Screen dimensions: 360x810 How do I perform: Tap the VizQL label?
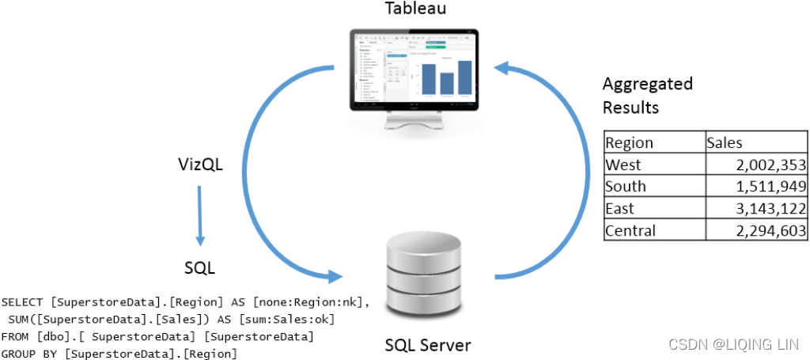coord(200,165)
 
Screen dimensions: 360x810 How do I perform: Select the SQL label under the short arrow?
coord(199,268)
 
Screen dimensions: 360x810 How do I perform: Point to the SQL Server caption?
coord(427,345)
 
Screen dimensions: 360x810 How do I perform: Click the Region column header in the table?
coord(629,142)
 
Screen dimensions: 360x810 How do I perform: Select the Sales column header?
coord(725,142)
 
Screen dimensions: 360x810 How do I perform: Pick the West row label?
coord(623,165)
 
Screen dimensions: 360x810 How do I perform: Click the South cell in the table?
coord(626,187)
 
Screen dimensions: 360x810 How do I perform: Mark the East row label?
coord(620,209)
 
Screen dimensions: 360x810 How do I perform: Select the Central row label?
coord(630,231)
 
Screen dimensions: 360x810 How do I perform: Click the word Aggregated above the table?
coord(647,84)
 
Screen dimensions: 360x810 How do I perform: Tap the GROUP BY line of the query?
coord(119,353)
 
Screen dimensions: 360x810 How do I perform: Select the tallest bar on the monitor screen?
coord(464,77)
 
